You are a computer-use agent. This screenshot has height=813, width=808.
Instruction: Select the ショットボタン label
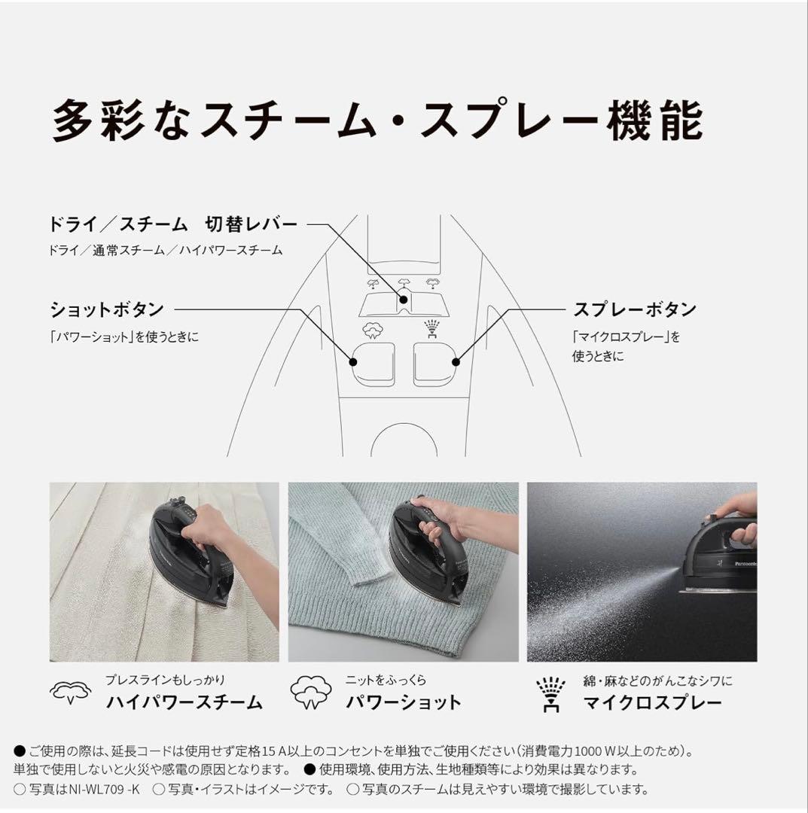click(106, 309)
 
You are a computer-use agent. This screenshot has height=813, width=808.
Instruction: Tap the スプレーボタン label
click(634, 309)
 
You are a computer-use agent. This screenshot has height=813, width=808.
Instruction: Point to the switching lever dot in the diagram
click(404, 300)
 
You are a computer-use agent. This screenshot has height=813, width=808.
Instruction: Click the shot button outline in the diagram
click(371, 364)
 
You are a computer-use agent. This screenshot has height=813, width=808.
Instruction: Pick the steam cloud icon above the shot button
click(371, 330)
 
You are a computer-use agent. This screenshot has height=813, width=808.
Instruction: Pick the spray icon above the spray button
click(434, 329)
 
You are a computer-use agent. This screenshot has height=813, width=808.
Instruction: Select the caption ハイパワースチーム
click(184, 703)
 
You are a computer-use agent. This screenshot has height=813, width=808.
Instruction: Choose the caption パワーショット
click(404, 703)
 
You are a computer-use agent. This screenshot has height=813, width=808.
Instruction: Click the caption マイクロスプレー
click(652, 703)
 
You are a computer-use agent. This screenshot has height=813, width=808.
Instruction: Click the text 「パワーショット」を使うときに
click(124, 337)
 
